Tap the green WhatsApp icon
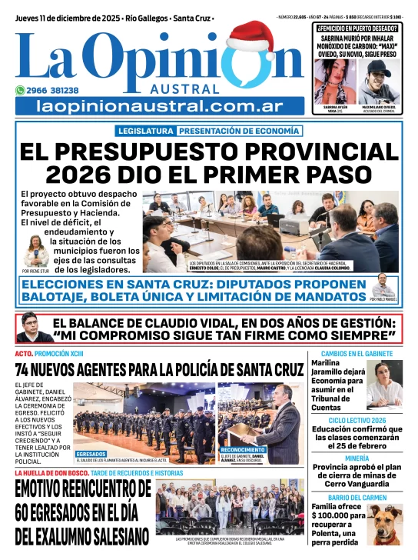tap(22, 89)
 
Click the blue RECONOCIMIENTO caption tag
tap(243, 449)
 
